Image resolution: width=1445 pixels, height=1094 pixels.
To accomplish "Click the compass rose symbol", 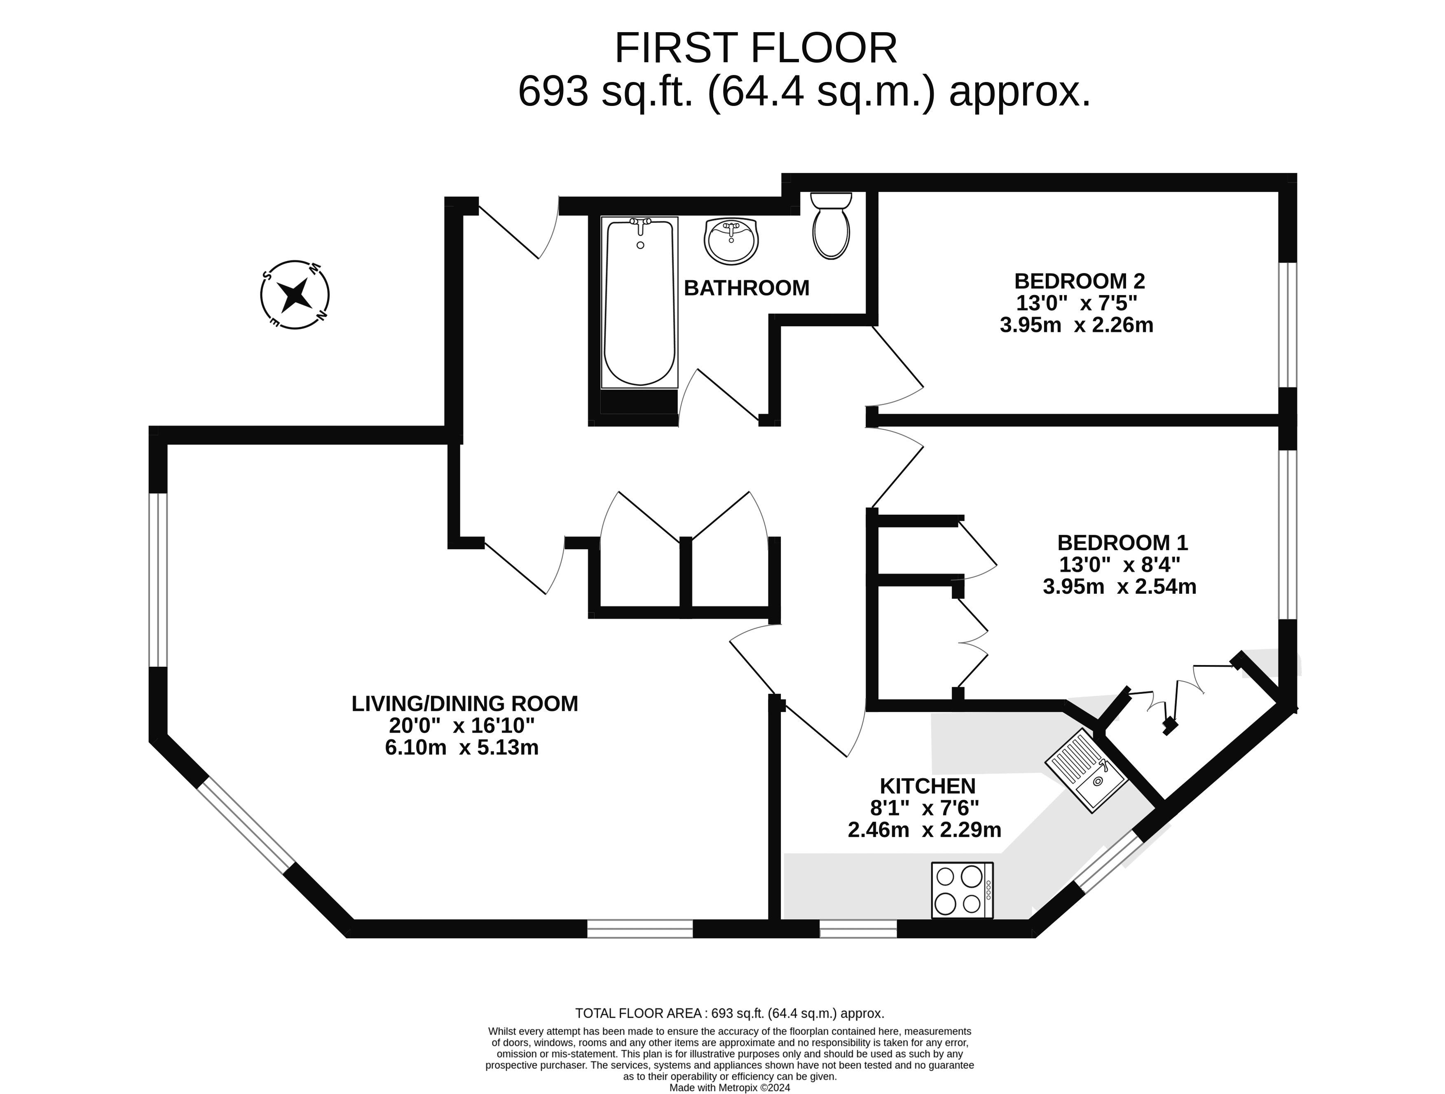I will [x=295, y=295].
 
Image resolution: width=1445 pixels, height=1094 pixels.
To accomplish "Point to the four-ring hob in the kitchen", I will [x=962, y=890].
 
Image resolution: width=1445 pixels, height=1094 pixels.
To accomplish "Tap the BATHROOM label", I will [x=746, y=288].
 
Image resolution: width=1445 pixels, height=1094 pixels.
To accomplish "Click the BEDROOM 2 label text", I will [x=1079, y=281].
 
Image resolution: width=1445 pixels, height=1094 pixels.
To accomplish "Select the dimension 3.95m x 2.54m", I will [x=1119, y=586].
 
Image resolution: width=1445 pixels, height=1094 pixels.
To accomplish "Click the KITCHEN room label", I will [x=927, y=786].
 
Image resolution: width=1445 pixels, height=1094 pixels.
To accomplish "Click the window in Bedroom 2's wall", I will [x=1287, y=325].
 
